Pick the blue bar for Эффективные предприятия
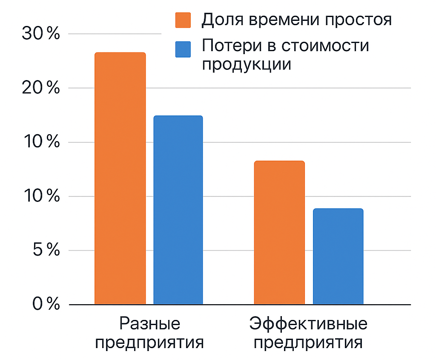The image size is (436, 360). click(x=338, y=256)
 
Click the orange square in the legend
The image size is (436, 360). click(x=183, y=20)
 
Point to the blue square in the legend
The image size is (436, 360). click(x=183, y=49)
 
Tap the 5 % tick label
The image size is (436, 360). click(x=46, y=251)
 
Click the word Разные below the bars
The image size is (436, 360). click(x=149, y=324)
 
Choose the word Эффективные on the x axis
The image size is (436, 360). click(x=308, y=324)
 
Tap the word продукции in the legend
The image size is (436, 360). click(x=247, y=65)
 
